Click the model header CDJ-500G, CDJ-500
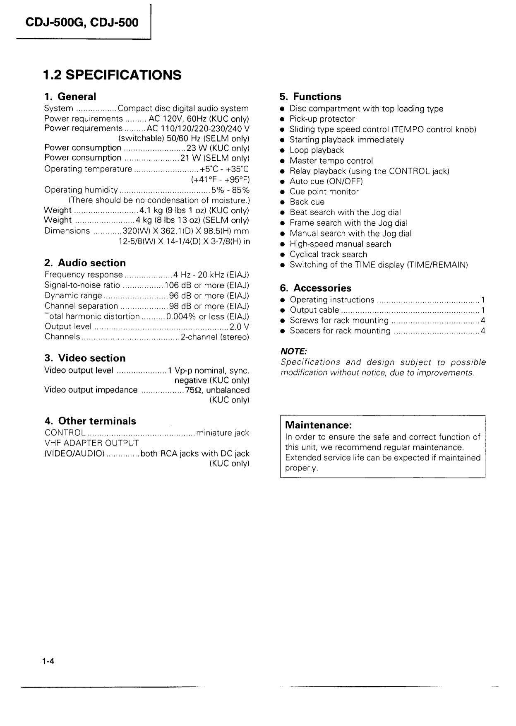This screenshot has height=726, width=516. (82, 22)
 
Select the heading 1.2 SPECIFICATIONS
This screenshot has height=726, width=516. (112, 75)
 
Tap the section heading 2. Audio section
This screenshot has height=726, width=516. (85, 263)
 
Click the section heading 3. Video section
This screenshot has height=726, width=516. (85, 358)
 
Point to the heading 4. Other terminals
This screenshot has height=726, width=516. (90, 421)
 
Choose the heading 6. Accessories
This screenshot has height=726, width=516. (315, 288)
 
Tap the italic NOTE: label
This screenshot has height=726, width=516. (293, 351)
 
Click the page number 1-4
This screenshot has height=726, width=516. (48, 661)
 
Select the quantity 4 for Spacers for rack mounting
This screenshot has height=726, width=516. (482, 331)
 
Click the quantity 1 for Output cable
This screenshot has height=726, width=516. (482, 310)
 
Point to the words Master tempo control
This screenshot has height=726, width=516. (331, 161)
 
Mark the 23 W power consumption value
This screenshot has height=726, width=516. (194, 148)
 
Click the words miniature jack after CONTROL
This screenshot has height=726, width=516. (223, 433)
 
